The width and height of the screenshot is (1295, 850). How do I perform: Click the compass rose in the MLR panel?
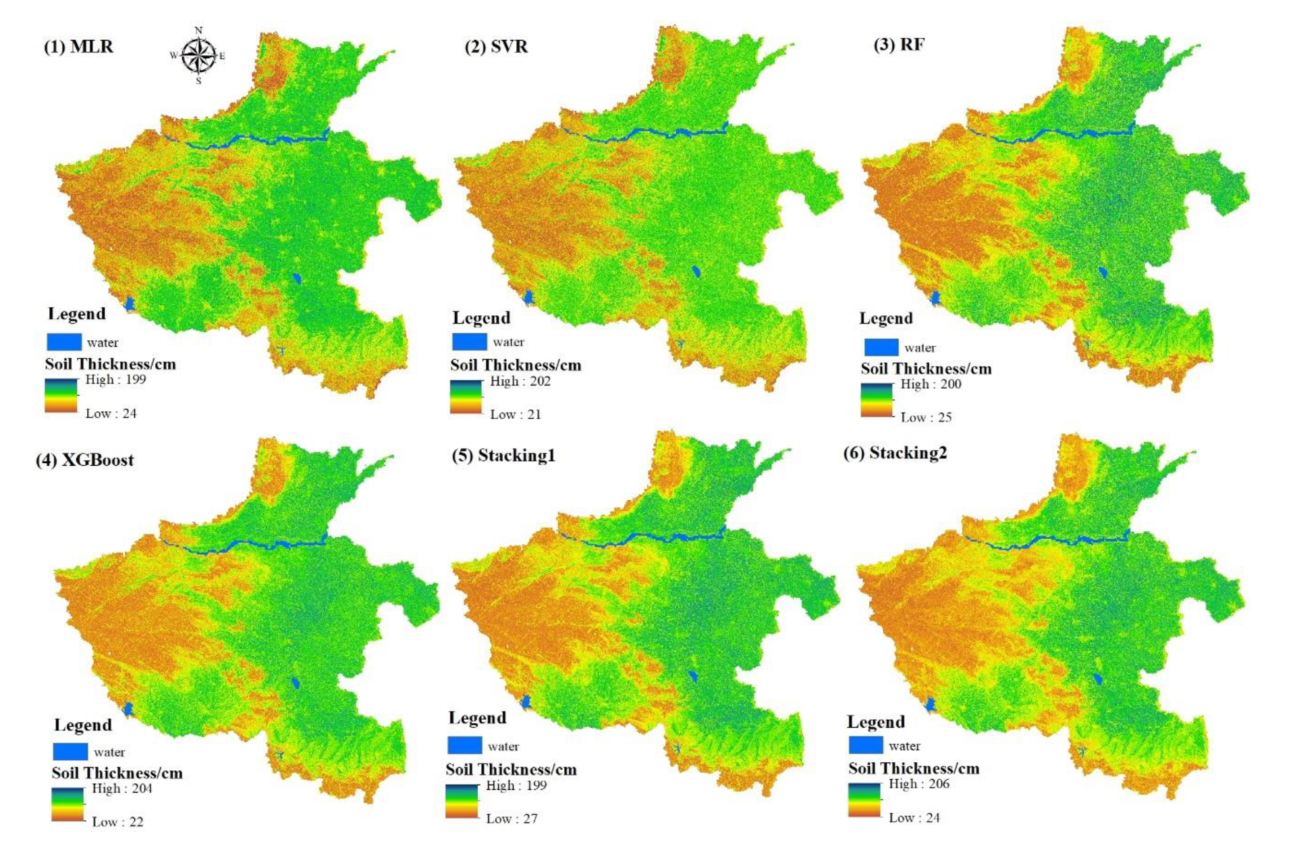pyautogui.click(x=198, y=55)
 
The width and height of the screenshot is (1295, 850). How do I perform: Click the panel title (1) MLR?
pyautogui.click(x=79, y=47)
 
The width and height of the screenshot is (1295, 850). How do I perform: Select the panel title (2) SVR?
pyautogui.click(x=496, y=47)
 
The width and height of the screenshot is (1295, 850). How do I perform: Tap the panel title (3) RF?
pyautogui.click(x=899, y=45)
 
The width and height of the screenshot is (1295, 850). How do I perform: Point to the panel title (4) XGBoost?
pyautogui.click(x=85, y=460)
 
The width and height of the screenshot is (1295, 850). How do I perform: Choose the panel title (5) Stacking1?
pyautogui.click(x=503, y=456)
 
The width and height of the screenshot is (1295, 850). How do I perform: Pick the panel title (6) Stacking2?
pyautogui.click(x=895, y=452)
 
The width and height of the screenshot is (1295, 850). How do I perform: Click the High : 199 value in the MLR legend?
pyautogui.click(x=115, y=379)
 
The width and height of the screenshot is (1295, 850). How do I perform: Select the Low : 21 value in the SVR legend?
pyautogui.click(x=516, y=415)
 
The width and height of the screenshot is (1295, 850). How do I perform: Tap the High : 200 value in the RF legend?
pyautogui.click(x=931, y=384)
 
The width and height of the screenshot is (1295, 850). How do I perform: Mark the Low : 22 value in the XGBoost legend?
pyautogui.click(x=117, y=822)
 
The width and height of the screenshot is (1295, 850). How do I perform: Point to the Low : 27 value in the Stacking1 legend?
pyautogui.click(x=512, y=818)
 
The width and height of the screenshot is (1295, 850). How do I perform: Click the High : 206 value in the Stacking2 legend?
pyautogui.click(x=918, y=784)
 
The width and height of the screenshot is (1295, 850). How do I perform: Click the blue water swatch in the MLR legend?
pyautogui.click(x=64, y=342)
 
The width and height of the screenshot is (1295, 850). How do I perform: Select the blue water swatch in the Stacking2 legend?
pyautogui.click(x=865, y=745)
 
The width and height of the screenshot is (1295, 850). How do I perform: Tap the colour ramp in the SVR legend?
pyautogui.click(x=466, y=397)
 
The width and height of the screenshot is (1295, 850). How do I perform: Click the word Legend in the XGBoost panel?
pyautogui.click(x=83, y=725)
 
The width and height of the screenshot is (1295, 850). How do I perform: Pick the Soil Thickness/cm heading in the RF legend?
pyautogui.click(x=926, y=369)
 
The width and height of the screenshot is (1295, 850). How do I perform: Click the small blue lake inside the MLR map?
pyautogui.click(x=297, y=278)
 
